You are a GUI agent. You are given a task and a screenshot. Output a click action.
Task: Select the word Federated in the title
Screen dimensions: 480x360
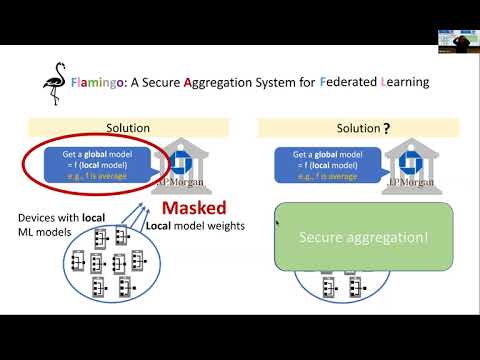tap(356, 81)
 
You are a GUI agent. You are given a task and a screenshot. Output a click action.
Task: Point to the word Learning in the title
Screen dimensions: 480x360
tap(408, 81)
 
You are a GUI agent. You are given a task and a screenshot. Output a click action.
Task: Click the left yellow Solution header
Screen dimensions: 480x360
tap(128, 128)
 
